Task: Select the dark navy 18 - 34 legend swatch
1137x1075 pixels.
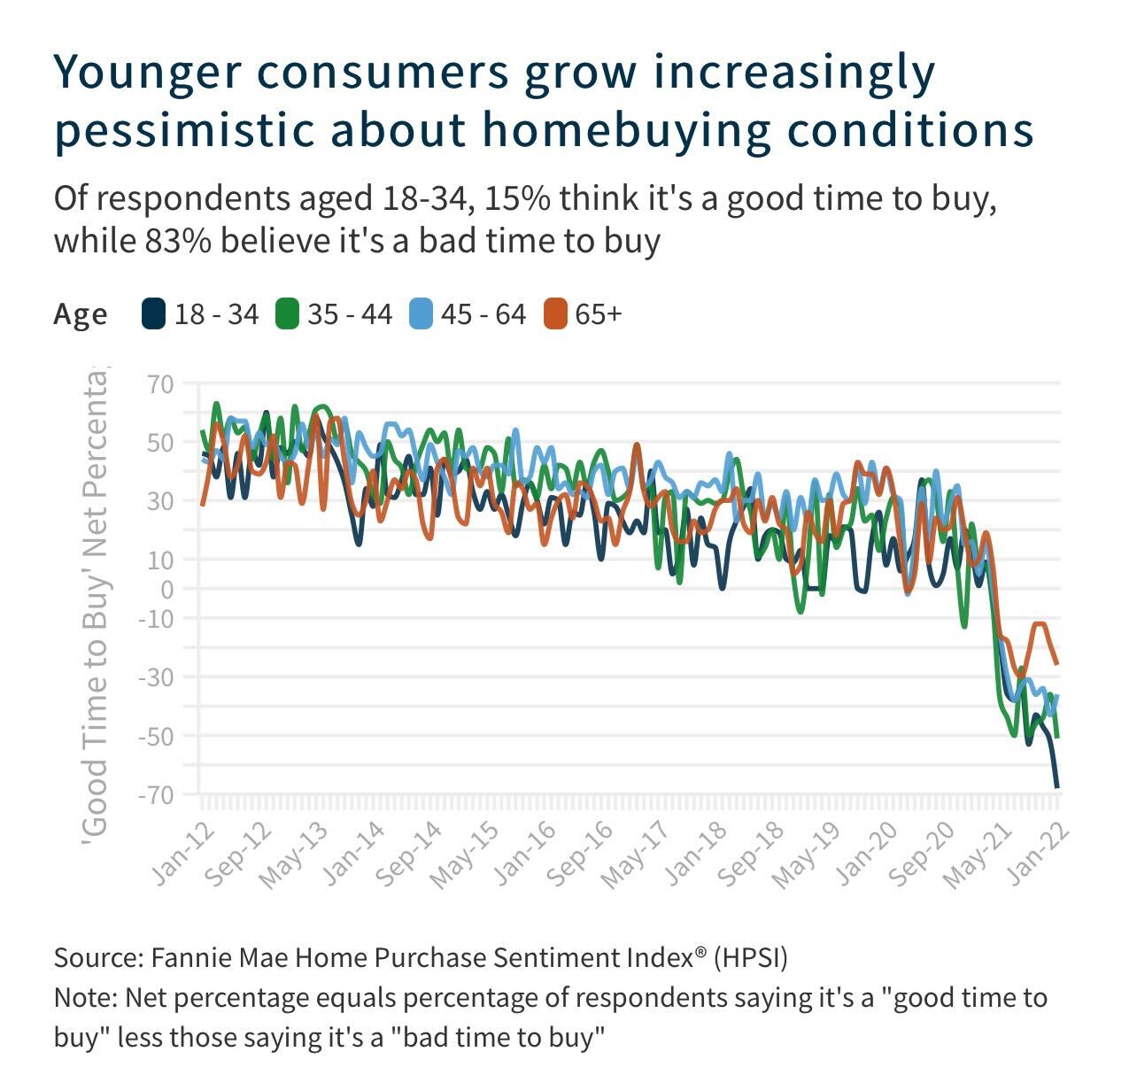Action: [x=154, y=314]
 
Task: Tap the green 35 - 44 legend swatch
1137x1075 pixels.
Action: [x=287, y=314]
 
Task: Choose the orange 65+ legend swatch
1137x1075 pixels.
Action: [x=555, y=314]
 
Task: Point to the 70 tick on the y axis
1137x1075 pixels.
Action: [x=162, y=385]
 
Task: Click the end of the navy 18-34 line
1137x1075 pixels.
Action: [x=1057, y=786]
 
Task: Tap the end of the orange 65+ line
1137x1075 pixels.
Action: [x=1057, y=663]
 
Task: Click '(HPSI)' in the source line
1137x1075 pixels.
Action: [x=751, y=958]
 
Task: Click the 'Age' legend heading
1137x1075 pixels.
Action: [x=81, y=314]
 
